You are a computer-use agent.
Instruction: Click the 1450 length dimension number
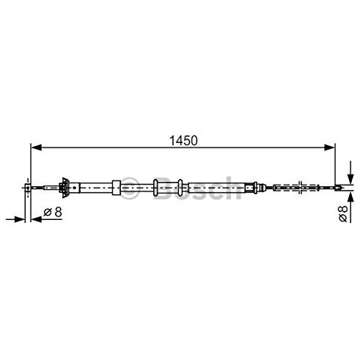point(183,141)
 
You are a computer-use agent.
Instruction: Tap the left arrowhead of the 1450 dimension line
point(37,147)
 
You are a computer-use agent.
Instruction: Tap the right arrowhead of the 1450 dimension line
point(329,147)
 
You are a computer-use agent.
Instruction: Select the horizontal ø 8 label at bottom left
point(53,212)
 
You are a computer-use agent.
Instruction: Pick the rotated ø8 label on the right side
point(343,213)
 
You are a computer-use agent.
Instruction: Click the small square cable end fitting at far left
point(28,188)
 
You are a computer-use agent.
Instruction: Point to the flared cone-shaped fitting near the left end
point(65,188)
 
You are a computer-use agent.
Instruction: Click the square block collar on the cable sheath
point(117,188)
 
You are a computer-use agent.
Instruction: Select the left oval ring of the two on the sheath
point(155,188)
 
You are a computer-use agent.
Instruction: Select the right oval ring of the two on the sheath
point(180,188)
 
